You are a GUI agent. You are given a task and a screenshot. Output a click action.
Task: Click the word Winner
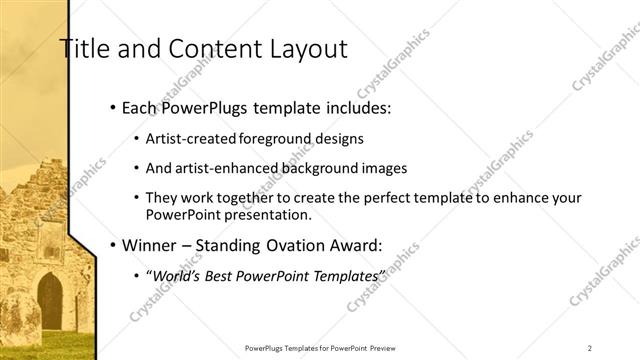[151, 243]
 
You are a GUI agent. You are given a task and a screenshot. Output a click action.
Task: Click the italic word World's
[175, 274]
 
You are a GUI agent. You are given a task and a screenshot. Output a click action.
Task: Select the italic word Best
[223, 274]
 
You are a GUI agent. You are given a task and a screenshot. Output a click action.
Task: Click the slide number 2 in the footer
[590, 348]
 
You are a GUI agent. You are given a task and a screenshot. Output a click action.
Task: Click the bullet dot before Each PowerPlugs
[113, 108]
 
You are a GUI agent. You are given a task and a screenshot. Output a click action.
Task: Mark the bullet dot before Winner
[113, 243]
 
